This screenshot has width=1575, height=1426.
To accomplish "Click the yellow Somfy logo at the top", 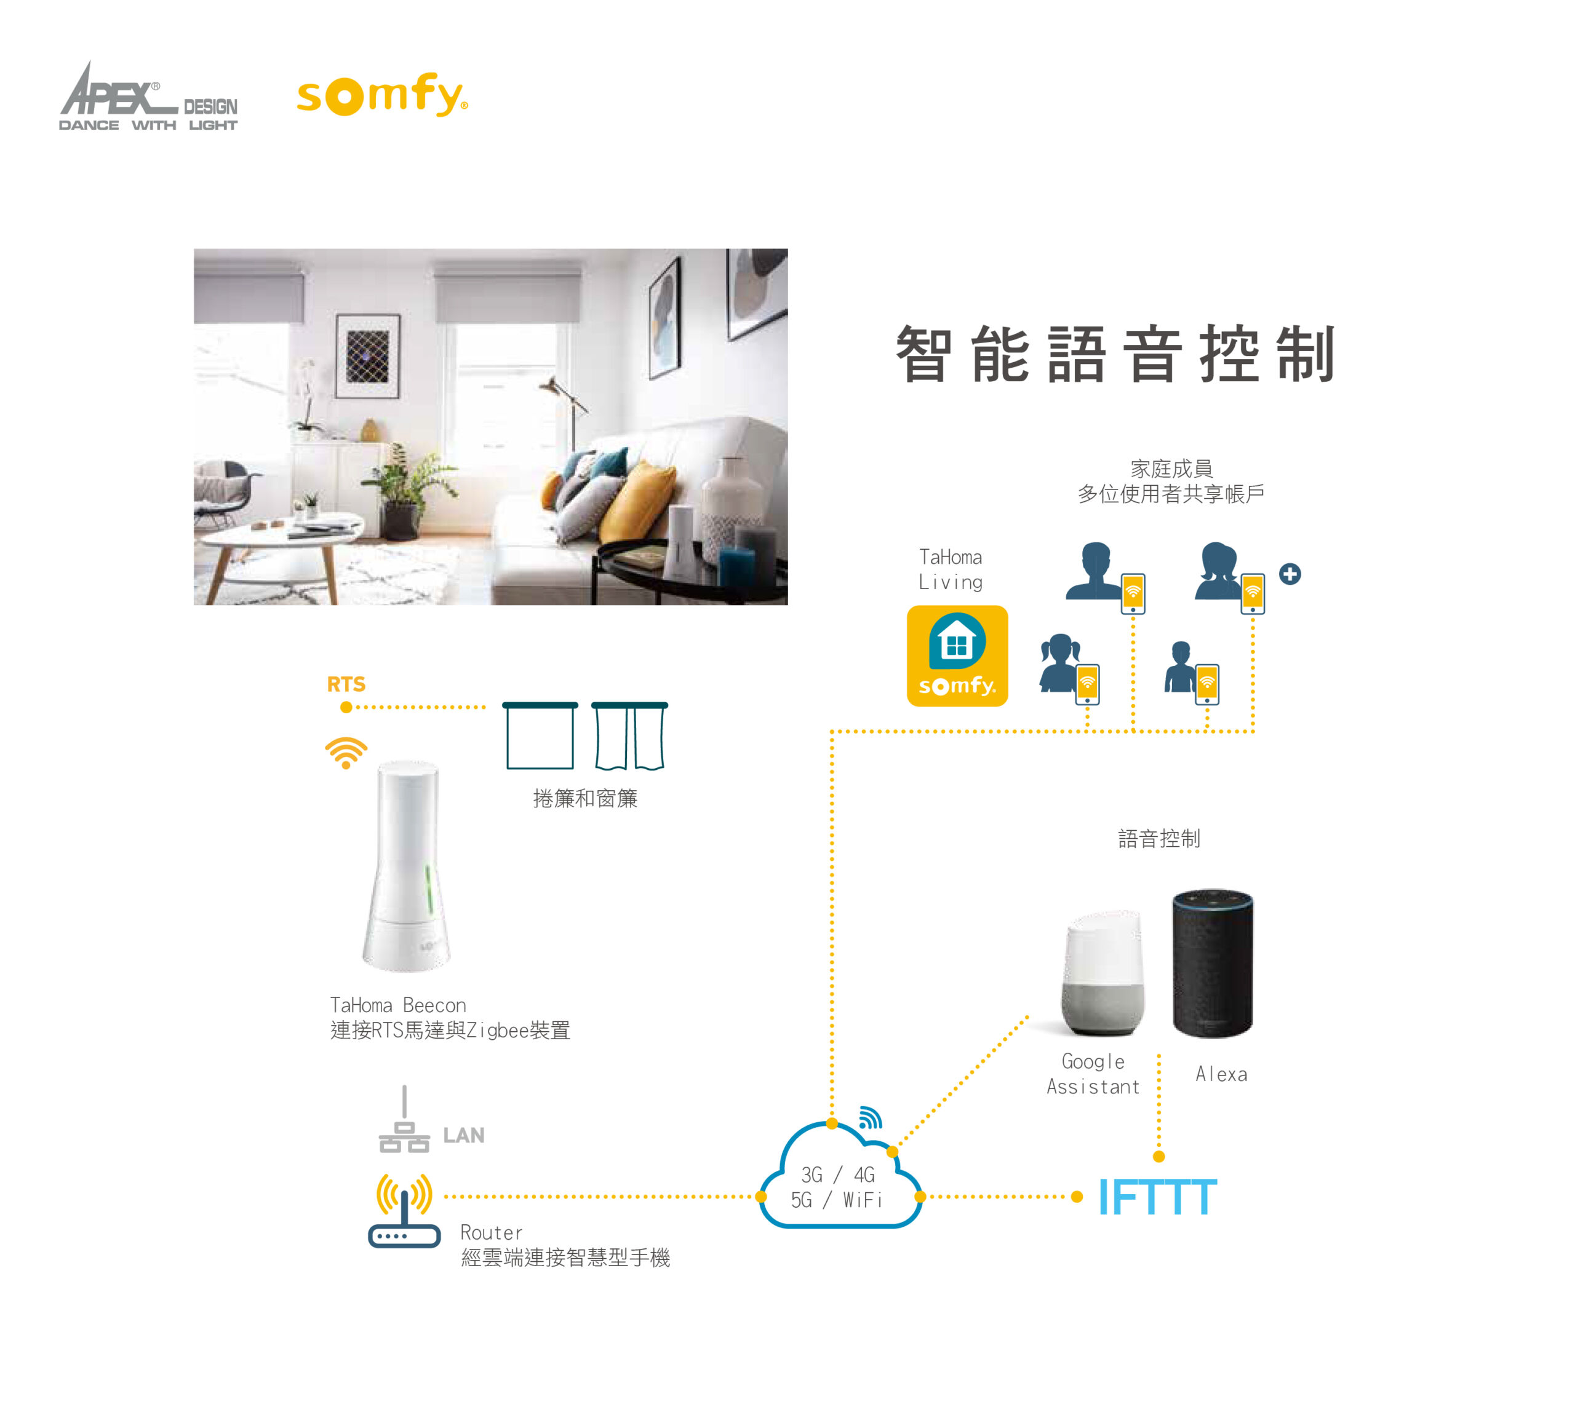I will coord(381,95).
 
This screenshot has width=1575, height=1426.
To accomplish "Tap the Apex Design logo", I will coord(148,98).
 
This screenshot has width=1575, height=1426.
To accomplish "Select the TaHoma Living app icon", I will coord(957,656).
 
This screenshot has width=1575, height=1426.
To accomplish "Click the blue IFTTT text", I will coord(1157,1197).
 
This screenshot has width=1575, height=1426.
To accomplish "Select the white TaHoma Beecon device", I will coord(406,867).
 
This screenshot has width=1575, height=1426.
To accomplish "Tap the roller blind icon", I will coord(540,735).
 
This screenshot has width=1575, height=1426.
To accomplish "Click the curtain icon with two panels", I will coord(629,735).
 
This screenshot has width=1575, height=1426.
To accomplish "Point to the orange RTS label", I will coord(346,684).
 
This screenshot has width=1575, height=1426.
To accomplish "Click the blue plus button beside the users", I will coord(1290,574).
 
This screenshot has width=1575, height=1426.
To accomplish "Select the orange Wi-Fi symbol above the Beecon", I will coord(346,752).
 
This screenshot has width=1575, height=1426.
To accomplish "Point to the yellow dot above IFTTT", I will coord(1158,1157).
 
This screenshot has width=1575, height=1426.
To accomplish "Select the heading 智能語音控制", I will coord(1115,355).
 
